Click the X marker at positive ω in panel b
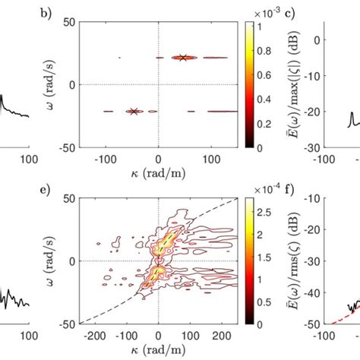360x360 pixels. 182,57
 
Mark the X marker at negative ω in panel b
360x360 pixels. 134,111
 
